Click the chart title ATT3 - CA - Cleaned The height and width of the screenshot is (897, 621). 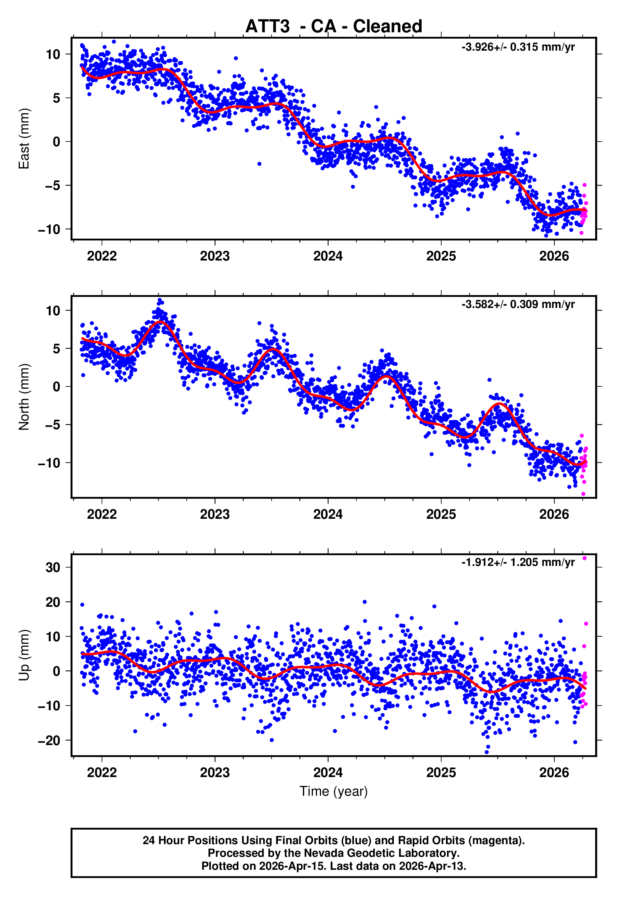pyautogui.click(x=334, y=27)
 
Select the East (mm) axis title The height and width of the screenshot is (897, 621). pyautogui.click(x=24, y=139)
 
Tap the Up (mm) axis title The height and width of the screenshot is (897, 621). pyautogui.click(x=24, y=655)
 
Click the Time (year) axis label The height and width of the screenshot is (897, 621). pyautogui.click(x=334, y=791)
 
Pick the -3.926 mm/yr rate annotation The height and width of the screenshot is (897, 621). pyautogui.click(x=518, y=47)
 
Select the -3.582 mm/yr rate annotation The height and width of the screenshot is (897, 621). pyautogui.click(x=518, y=304)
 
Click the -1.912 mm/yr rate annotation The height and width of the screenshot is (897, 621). pyautogui.click(x=518, y=562)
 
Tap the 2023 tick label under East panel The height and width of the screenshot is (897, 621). pyautogui.click(x=215, y=256)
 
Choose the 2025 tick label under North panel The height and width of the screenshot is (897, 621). pyautogui.click(x=441, y=514)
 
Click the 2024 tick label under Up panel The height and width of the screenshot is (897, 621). pyautogui.click(x=328, y=773)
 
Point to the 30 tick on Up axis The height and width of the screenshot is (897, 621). pyautogui.click(x=53, y=568)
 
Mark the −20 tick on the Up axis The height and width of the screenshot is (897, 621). pyautogui.click(x=49, y=741)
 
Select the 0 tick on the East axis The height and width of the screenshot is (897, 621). pyautogui.click(x=57, y=141)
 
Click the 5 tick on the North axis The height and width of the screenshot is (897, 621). pyautogui.click(x=57, y=348)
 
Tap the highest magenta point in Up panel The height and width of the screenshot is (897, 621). pyautogui.click(x=584, y=558)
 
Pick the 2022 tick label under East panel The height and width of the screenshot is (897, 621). pyautogui.click(x=102, y=256)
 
